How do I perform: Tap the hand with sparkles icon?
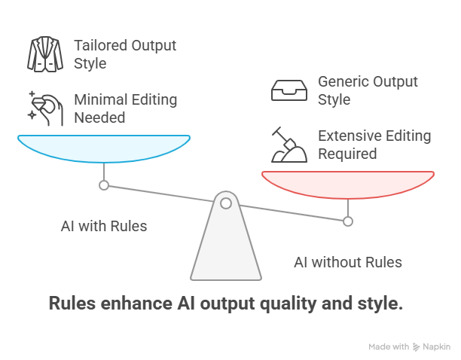[x=44, y=106]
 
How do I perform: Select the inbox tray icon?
[x=288, y=90]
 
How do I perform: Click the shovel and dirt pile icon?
[x=289, y=145]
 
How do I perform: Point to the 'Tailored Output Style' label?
[x=124, y=54]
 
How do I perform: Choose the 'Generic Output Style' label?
[x=367, y=90]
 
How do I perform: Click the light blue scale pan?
[x=104, y=146]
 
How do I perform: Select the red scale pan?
[x=348, y=182]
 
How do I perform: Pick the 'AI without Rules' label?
[x=347, y=262]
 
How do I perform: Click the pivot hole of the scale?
[x=226, y=202]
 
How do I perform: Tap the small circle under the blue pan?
[x=104, y=185]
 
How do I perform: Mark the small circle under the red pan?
[x=348, y=221]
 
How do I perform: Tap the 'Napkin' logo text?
[x=436, y=347]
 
